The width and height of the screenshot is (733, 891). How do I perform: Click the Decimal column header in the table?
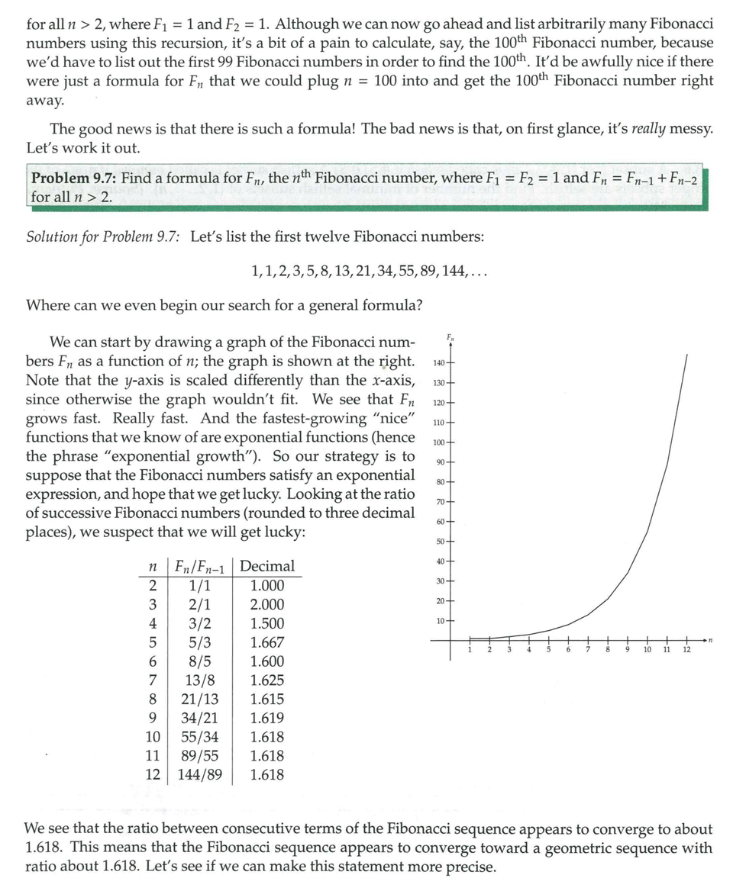[267, 566]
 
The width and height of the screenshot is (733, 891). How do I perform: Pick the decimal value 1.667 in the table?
[267, 642]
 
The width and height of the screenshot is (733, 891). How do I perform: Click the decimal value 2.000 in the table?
[267, 604]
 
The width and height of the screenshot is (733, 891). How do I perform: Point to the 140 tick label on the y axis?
[438, 362]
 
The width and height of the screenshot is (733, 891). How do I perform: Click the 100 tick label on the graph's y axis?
[438, 442]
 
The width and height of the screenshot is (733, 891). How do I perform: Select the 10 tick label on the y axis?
[440, 622]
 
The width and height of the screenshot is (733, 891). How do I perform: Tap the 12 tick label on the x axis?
[686, 650]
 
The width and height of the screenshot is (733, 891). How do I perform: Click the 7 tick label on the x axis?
[588, 650]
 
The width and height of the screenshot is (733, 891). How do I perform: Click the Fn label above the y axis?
[450, 336]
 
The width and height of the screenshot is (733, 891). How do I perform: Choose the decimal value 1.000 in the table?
[267, 586]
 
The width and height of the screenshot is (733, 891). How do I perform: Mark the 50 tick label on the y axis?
[440, 542]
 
